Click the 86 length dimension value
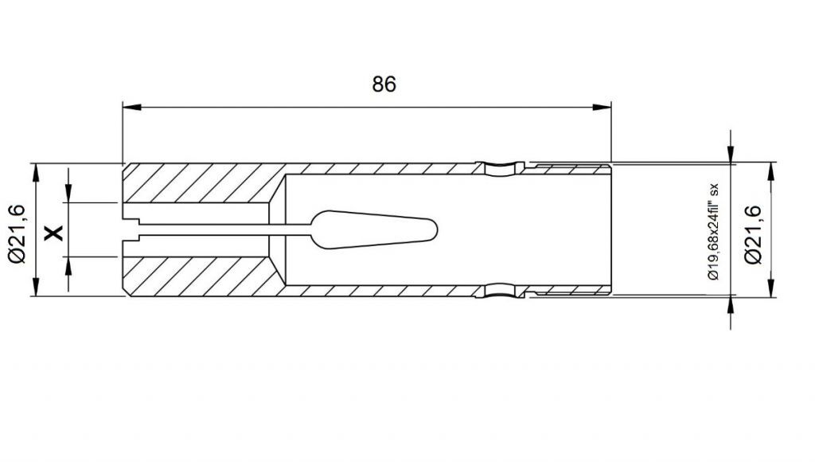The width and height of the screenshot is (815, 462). pos(384,84)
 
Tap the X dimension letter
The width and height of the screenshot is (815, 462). pos(53,233)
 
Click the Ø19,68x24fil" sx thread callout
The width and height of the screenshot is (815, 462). pos(713,232)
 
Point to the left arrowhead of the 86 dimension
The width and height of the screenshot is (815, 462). pos(131,108)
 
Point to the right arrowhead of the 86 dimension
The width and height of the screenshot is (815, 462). pos(602,108)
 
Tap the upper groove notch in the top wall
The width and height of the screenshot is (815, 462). pos(501,168)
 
